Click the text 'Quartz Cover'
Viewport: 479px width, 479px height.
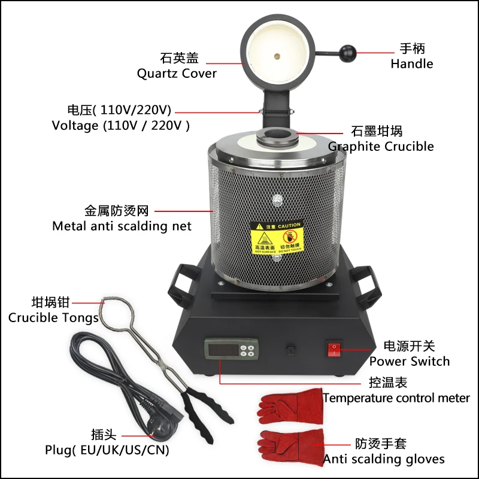point(177,74)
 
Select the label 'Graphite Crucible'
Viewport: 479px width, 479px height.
point(381,146)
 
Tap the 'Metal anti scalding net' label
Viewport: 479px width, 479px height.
point(122,226)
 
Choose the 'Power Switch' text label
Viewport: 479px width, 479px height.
point(409,361)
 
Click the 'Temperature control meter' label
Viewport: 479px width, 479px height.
point(396,398)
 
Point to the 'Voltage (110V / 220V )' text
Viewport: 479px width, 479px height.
point(120,126)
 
